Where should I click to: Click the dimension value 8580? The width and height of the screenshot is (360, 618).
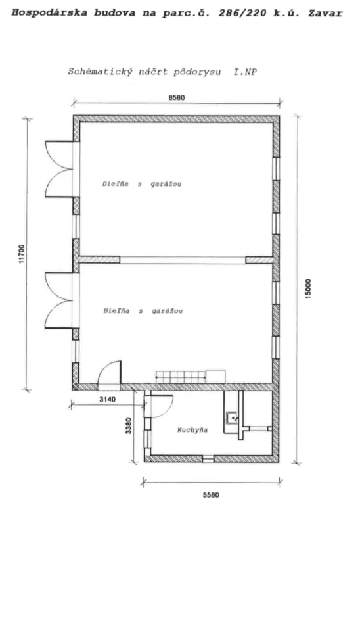point(177,97)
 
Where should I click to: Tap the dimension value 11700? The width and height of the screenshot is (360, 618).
point(22,254)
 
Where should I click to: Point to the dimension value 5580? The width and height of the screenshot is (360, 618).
point(211,495)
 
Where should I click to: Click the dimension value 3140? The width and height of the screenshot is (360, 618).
point(107,399)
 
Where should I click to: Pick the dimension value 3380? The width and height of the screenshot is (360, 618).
point(128,426)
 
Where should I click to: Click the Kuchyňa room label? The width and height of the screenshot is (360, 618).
point(192,429)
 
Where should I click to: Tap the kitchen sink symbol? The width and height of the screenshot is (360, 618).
point(233,417)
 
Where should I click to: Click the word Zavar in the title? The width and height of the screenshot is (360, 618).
point(325,13)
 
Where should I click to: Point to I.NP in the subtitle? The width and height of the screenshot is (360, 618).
point(245,72)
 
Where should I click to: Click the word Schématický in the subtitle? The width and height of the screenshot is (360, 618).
point(101,72)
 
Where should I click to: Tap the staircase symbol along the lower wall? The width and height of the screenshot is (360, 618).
point(181,377)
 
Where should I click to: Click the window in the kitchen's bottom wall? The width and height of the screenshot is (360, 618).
point(208,458)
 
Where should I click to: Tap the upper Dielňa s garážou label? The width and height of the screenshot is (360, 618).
point(142,184)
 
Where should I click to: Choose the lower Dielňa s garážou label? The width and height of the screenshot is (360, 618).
point(143,311)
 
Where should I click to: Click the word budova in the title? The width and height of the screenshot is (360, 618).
point(114,13)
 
